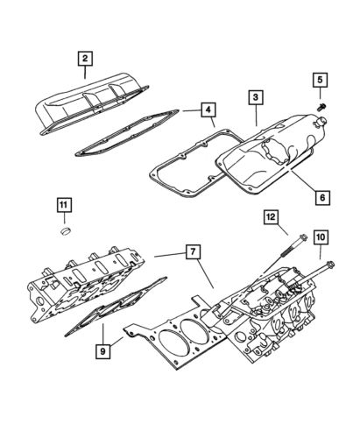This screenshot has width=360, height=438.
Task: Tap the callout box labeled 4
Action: point(207,110)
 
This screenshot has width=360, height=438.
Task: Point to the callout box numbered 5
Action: point(321,84)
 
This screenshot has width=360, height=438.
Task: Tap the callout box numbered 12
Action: point(272,215)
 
